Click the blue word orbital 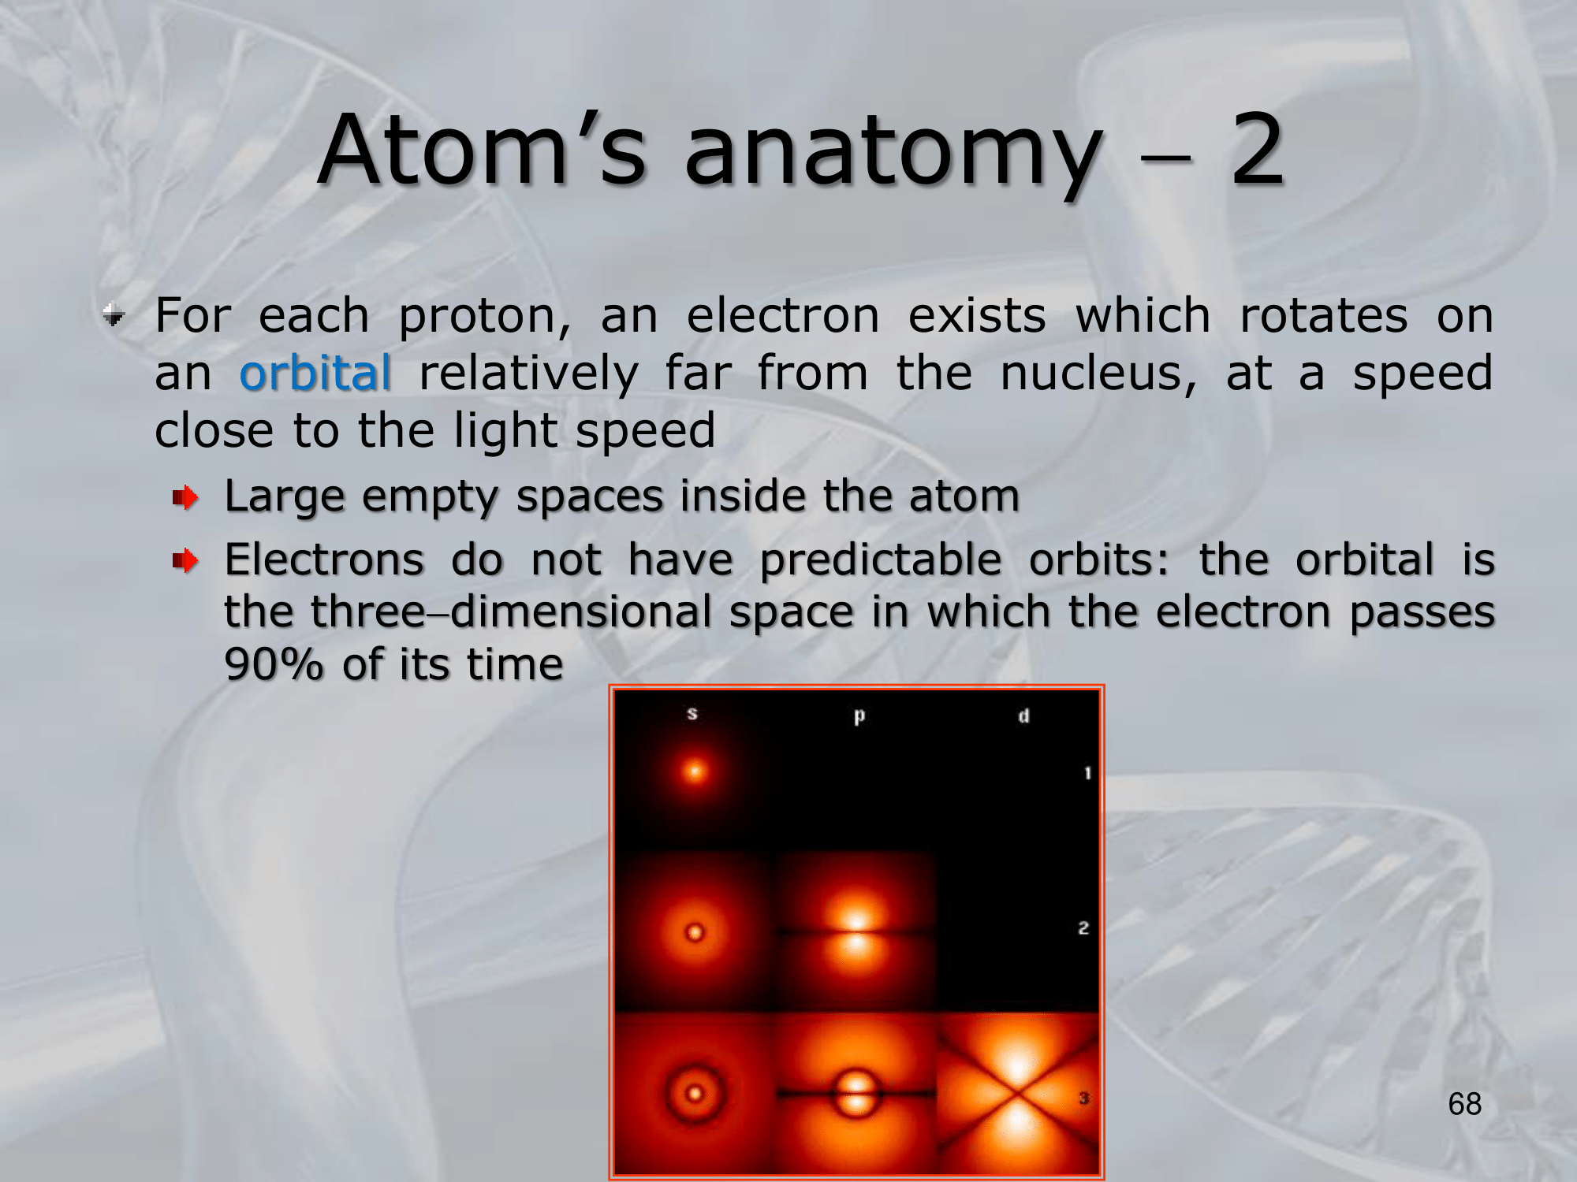[x=315, y=373]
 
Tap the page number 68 [x=1464, y=1103]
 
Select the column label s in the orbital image [x=692, y=714]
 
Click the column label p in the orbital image [x=859, y=716]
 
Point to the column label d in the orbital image [x=1023, y=716]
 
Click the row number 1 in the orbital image [x=1087, y=773]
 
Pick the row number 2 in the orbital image [x=1083, y=928]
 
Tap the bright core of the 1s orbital [x=695, y=771]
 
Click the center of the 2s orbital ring [x=695, y=933]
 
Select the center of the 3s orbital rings [x=695, y=1094]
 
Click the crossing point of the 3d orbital [x=1018, y=1093]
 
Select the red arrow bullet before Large [x=185, y=497]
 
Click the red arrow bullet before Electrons [x=185, y=561]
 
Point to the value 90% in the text [x=274, y=664]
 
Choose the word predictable [x=881, y=560]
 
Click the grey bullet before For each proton [x=114, y=316]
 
